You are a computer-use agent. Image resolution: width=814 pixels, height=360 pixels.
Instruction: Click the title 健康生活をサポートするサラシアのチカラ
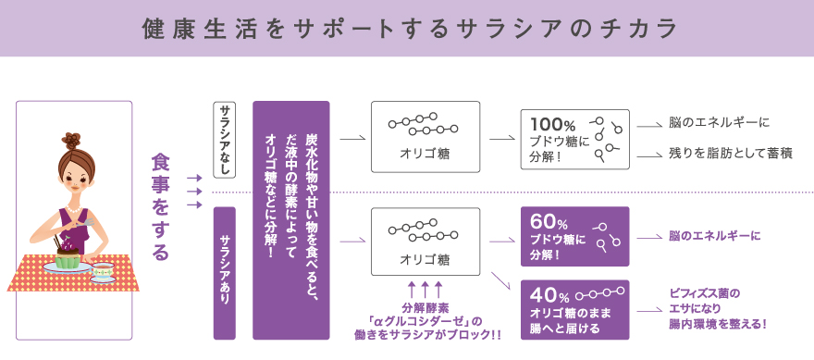pos(407,28)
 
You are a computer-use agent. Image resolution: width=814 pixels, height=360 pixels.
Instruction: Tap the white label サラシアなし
pos(225,140)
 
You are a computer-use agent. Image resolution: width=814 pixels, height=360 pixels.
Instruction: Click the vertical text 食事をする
pos(161,205)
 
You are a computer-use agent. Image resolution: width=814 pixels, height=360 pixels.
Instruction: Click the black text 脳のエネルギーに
pos(720,122)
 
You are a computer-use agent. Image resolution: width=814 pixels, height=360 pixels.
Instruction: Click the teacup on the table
pos(103,269)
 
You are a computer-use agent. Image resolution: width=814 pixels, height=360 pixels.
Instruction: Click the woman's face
pos(74,177)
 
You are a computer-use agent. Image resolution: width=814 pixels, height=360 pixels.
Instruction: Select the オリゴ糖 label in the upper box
pos(425,152)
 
